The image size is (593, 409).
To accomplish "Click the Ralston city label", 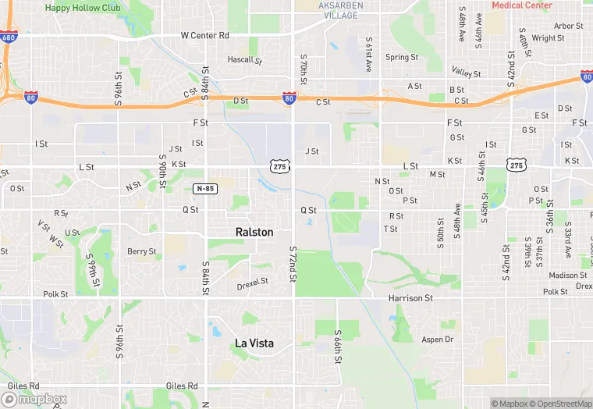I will [254, 232].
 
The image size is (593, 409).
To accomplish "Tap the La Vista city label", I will [254, 343].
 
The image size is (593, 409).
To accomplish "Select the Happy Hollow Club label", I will [83, 7].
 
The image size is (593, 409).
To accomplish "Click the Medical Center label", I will [522, 5].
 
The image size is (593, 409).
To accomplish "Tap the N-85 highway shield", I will [204, 189].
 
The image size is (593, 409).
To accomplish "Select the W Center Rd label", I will [204, 36].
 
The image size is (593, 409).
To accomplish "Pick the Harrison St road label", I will [410, 298].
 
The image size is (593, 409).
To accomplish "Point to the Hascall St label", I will [245, 59].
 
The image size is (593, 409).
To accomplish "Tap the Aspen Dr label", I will [438, 340].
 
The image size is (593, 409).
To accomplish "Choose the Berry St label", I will [142, 251].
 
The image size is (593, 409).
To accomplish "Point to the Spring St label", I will [402, 57].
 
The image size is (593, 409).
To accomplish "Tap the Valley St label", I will [467, 73].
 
